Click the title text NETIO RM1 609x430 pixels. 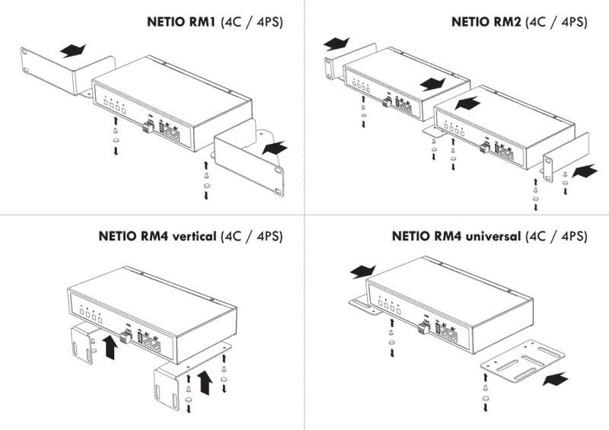click(181, 21)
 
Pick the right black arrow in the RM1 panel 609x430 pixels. click(275, 148)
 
